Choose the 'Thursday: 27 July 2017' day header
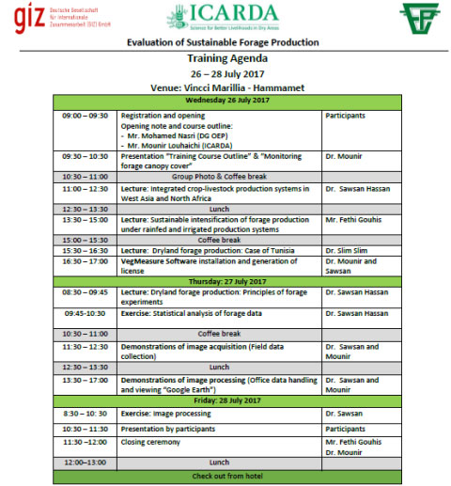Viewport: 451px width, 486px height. tap(227, 280)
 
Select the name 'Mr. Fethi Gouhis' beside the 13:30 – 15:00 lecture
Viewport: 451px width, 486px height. tap(355, 219)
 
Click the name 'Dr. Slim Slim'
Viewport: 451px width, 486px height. tap(350, 250)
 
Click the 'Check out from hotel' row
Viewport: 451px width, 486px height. tap(227, 476)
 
